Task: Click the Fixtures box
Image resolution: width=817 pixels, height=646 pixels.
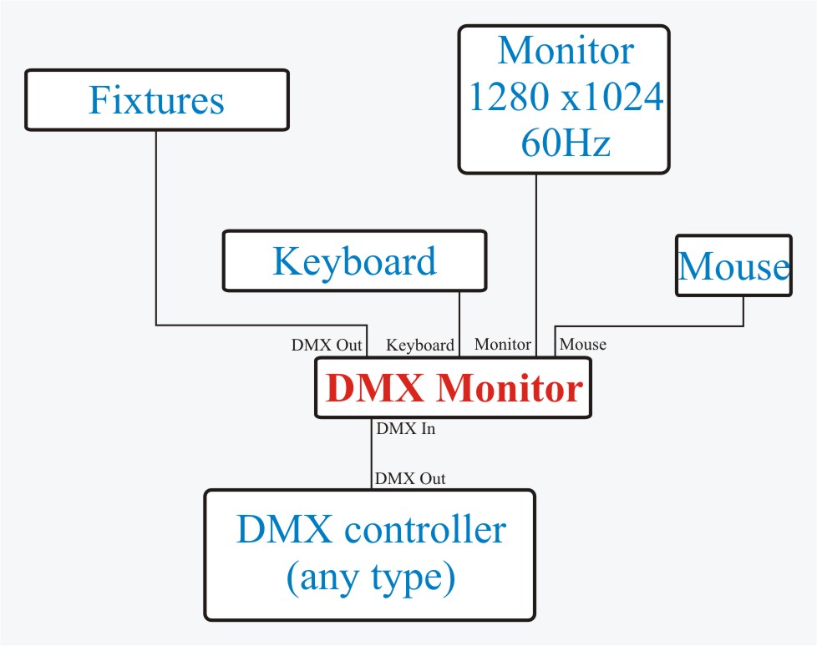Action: [x=156, y=100]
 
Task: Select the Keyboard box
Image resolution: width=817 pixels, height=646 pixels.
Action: [x=354, y=260]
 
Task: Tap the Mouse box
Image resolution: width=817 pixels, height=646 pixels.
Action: [x=733, y=266]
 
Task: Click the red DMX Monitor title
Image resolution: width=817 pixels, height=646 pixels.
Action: [x=453, y=389]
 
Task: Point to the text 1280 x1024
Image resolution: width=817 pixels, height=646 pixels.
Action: [x=566, y=98]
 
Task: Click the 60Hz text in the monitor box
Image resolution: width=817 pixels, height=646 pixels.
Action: [x=566, y=144]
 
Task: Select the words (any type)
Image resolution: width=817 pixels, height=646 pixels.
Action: [x=370, y=578]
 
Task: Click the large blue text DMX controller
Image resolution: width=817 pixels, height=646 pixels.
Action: [x=370, y=530]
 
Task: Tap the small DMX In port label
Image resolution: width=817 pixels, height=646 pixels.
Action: [x=405, y=430]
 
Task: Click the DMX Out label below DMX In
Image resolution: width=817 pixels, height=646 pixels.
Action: [x=410, y=479]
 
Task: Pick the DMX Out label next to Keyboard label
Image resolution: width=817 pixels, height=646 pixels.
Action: [x=327, y=345]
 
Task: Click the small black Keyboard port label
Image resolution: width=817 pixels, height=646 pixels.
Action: [x=420, y=345]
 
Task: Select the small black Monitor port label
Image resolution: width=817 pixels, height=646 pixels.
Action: [x=502, y=344]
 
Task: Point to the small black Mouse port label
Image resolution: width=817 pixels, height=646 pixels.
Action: [x=582, y=344]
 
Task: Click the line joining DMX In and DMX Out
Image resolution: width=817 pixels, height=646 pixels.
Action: [x=371, y=455]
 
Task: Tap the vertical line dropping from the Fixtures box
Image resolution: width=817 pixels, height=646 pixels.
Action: [x=156, y=225]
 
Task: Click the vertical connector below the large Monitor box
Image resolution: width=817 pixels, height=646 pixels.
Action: [x=535, y=250]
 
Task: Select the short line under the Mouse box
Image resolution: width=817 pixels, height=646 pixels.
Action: [x=743, y=310]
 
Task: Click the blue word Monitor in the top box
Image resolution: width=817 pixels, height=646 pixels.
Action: [x=566, y=52]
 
